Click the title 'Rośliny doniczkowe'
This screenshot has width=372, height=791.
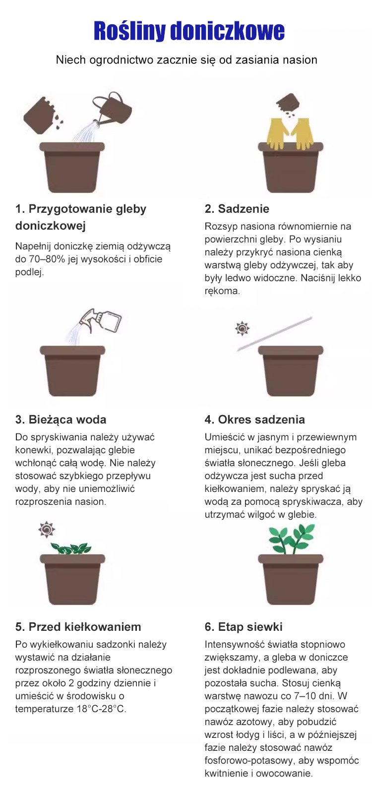tap(189, 31)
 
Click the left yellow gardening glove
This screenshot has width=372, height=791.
tap(277, 133)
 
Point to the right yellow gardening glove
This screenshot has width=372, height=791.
tap(303, 133)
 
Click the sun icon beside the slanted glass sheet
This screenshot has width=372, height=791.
tap(243, 328)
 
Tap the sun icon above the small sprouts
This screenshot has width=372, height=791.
tap(47, 529)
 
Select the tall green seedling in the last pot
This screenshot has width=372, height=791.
tap(291, 539)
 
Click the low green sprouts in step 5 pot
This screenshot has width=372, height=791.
tap(71, 548)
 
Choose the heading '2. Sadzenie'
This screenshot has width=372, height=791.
tap(237, 209)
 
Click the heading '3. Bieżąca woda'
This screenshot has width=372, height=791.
tap(61, 420)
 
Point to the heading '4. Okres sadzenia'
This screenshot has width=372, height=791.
tap(255, 420)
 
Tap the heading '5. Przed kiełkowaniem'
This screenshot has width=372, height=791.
tap(78, 627)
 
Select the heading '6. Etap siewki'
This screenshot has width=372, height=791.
tap(244, 627)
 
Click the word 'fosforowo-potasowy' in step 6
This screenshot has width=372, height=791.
tap(250, 761)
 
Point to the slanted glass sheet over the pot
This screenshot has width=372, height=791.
tap(274, 334)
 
